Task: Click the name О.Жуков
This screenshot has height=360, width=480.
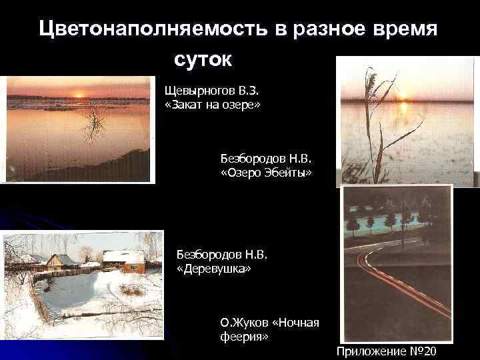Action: [x=246, y=323]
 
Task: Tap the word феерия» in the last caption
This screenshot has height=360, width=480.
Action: [x=245, y=337]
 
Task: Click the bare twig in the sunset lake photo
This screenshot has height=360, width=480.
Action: [x=95, y=123]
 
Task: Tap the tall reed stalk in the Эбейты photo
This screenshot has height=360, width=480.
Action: [x=377, y=127]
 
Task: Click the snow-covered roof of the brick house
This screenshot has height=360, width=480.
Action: [x=123, y=256]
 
